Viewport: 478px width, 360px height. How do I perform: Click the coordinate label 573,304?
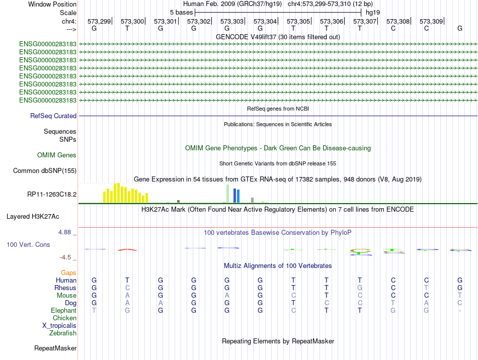point(265,21)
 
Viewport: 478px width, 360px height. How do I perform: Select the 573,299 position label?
point(99,21)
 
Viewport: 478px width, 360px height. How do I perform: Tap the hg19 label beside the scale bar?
point(373,13)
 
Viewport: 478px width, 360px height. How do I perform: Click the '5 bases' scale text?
point(181,13)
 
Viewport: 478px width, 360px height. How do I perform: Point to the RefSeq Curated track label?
point(53,116)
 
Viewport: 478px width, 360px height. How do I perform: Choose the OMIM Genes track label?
point(57,155)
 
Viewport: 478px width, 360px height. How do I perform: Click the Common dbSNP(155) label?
point(45,170)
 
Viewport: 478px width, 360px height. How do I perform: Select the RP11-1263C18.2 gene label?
point(52,194)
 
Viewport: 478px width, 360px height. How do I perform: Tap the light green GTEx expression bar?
point(228,194)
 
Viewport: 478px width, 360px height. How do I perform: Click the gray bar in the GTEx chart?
point(253,200)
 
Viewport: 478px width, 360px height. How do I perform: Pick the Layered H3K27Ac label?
point(33,217)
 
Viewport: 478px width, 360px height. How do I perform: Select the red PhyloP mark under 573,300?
point(127,250)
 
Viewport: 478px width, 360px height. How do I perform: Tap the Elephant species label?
point(64,310)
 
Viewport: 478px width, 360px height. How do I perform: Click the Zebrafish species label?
point(63,333)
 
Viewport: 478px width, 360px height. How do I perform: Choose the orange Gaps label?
point(68,273)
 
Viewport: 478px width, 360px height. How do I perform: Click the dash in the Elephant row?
point(460,311)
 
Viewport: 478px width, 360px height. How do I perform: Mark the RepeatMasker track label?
point(55,348)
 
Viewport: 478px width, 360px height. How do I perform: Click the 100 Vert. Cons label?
point(28,244)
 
